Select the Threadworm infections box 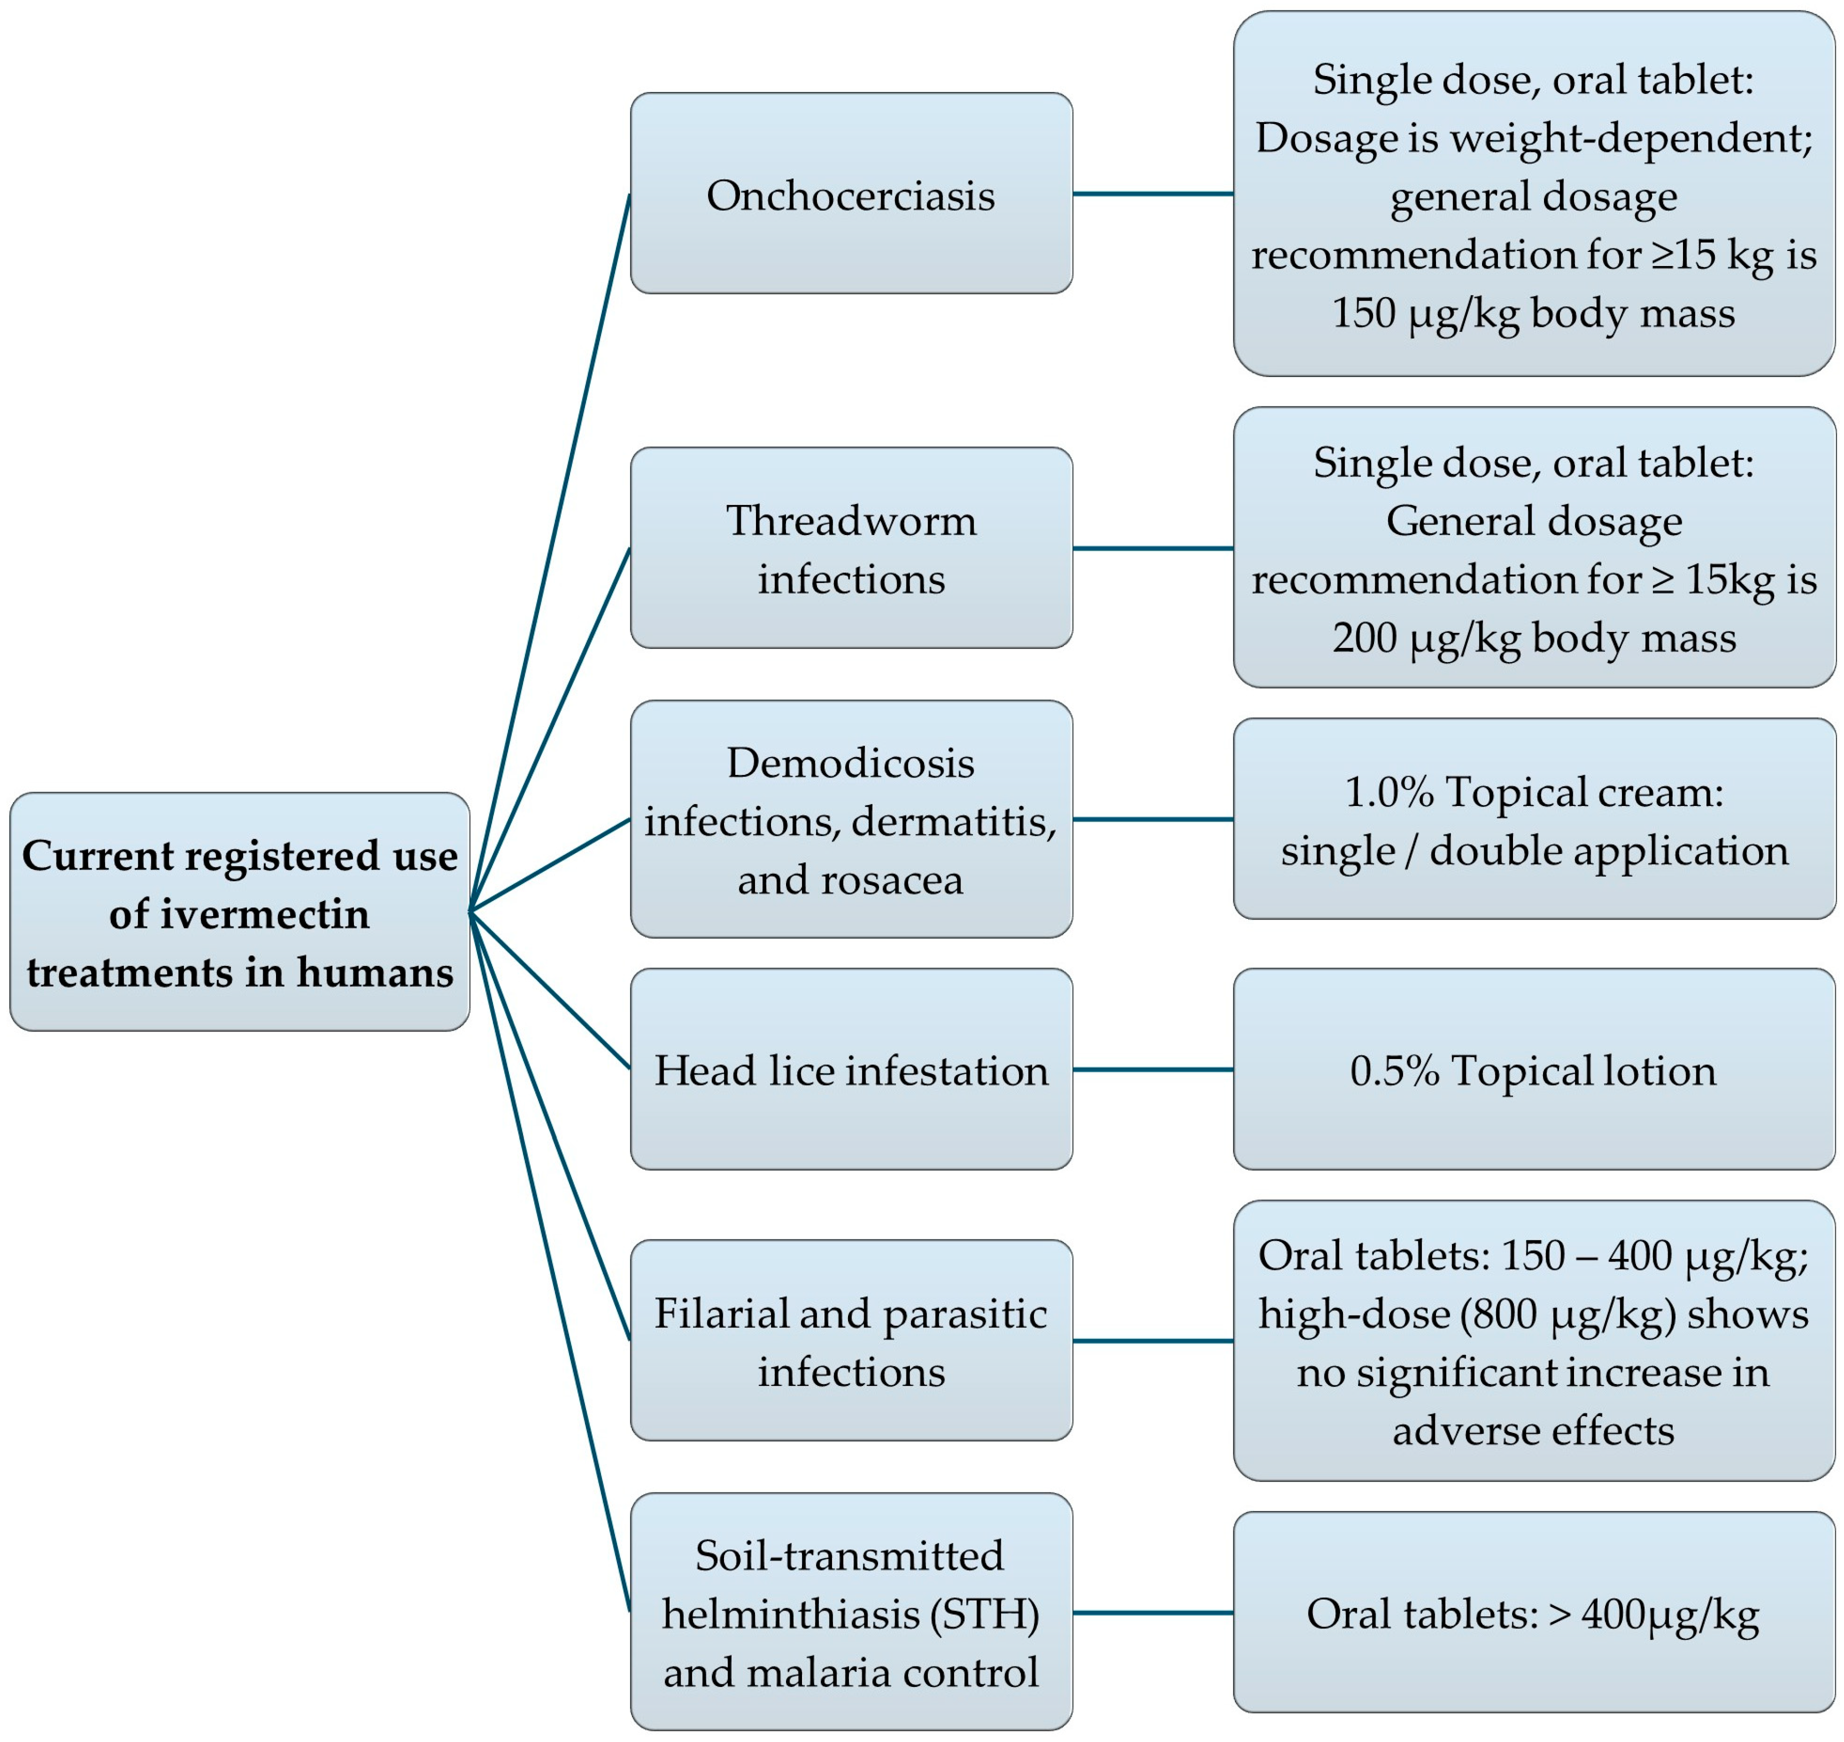pos(850,548)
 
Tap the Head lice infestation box pos(850,1069)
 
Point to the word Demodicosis pos(850,763)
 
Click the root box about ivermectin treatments pos(239,912)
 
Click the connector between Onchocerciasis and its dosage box pos(1152,194)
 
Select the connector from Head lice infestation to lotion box pos(1152,1069)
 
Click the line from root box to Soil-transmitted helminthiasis pos(549,1261)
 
